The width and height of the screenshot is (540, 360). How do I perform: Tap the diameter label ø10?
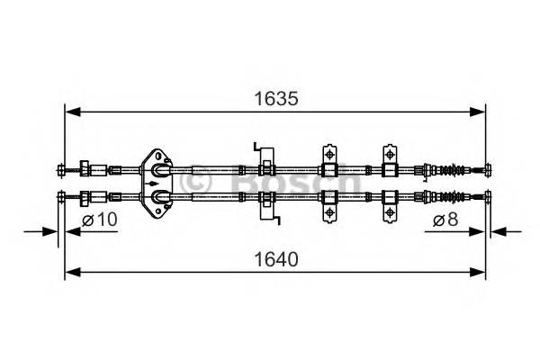[100, 220]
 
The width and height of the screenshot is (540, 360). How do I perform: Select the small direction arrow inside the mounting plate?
[145, 183]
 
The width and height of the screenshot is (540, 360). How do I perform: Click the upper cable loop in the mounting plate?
[159, 169]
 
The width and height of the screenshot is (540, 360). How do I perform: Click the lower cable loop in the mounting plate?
[159, 195]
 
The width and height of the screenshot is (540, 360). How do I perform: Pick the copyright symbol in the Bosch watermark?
[196, 183]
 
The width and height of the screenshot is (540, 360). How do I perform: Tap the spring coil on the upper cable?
[456, 169]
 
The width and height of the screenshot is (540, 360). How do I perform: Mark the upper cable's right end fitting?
[486, 168]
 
